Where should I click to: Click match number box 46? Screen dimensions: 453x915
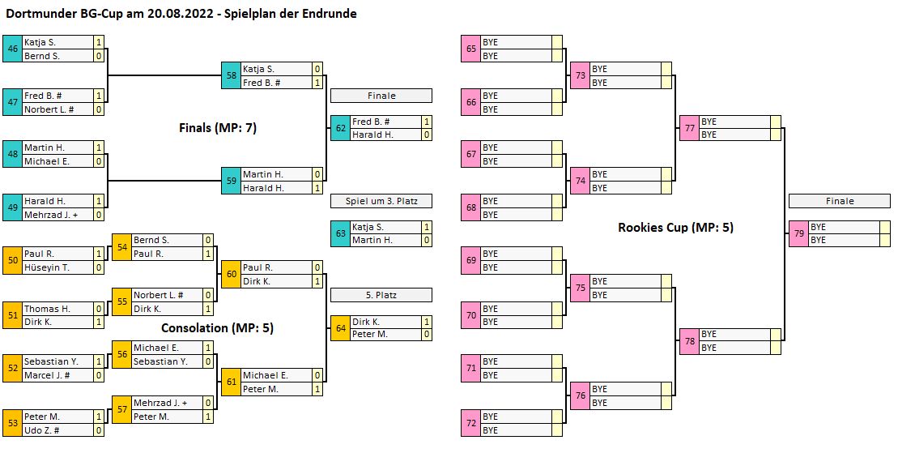point(13,49)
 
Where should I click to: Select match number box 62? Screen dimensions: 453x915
point(340,128)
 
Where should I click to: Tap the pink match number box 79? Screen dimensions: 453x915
point(798,233)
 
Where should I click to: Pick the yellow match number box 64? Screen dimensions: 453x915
point(340,327)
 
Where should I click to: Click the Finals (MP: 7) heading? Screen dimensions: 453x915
point(217,127)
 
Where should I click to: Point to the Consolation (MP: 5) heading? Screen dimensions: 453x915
point(217,328)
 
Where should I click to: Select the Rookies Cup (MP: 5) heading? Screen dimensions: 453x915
point(675,228)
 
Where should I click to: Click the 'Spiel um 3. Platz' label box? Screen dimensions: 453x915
point(381,201)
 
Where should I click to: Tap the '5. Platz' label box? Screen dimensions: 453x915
point(381,295)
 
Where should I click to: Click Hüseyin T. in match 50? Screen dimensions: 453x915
point(47,267)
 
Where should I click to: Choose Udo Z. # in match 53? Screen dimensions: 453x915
point(41,430)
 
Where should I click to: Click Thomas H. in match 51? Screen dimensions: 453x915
point(47,309)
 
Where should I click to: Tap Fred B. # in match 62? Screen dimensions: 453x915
point(372,122)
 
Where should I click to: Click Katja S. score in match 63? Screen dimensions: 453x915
point(427,228)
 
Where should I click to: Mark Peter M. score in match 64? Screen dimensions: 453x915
point(427,335)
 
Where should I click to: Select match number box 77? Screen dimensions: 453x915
point(689,128)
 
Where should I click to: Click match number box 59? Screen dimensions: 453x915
point(232,181)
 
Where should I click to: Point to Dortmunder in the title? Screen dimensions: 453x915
point(36,14)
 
